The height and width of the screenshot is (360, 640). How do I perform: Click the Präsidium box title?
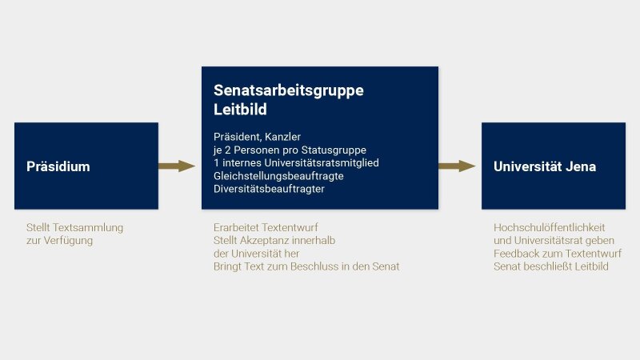pyautogui.click(x=58, y=166)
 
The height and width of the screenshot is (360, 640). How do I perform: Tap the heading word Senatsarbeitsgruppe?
pyautogui.click(x=289, y=90)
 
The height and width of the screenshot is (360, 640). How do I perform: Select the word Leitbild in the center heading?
pyautogui.click(x=240, y=110)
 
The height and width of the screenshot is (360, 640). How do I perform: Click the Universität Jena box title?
pyautogui.click(x=545, y=166)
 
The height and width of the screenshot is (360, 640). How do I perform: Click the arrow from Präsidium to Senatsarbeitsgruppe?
pyautogui.click(x=177, y=166)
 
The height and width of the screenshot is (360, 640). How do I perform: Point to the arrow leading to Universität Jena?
pyautogui.click(x=457, y=166)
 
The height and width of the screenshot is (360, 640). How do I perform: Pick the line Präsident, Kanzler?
pyautogui.click(x=257, y=137)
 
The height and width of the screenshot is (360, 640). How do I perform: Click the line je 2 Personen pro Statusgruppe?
pyautogui.click(x=290, y=150)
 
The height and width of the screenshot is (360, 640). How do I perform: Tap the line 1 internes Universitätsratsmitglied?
pyautogui.click(x=296, y=163)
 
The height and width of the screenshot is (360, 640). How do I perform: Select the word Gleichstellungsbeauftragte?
pyautogui.click(x=278, y=176)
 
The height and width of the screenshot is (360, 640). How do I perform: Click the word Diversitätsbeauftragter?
pyautogui.click(x=269, y=189)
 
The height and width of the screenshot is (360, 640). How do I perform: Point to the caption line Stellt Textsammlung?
pyautogui.click(x=74, y=227)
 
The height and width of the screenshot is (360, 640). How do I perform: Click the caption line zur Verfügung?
pyautogui.click(x=59, y=241)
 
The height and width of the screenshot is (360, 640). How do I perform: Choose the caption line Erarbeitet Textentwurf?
pyautogui.click(x=266, y=227)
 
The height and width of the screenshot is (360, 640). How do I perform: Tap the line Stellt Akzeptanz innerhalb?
pyautogui.click(x=274, y=241)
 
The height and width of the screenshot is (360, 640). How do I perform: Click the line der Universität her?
pyautogui.click(x=256, y=254)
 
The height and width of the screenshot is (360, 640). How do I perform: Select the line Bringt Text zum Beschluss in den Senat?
pyautogui.click(x=306, y=266)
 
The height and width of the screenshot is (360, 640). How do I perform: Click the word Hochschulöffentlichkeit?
pyautogui.click(x=550, y=227)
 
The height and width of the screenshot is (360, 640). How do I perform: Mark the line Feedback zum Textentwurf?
pyautogui.click(x=558, y=254)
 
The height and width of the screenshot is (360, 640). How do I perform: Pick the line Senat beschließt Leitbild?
pyautogui.click(x=551, y=266)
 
